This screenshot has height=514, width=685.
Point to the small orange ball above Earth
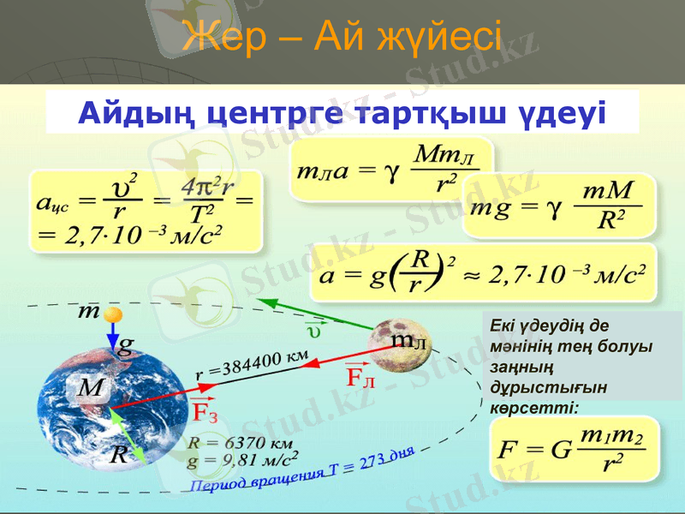(111, 316)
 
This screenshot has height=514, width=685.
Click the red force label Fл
(360, 376)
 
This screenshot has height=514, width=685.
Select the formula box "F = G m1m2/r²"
(575, 449)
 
